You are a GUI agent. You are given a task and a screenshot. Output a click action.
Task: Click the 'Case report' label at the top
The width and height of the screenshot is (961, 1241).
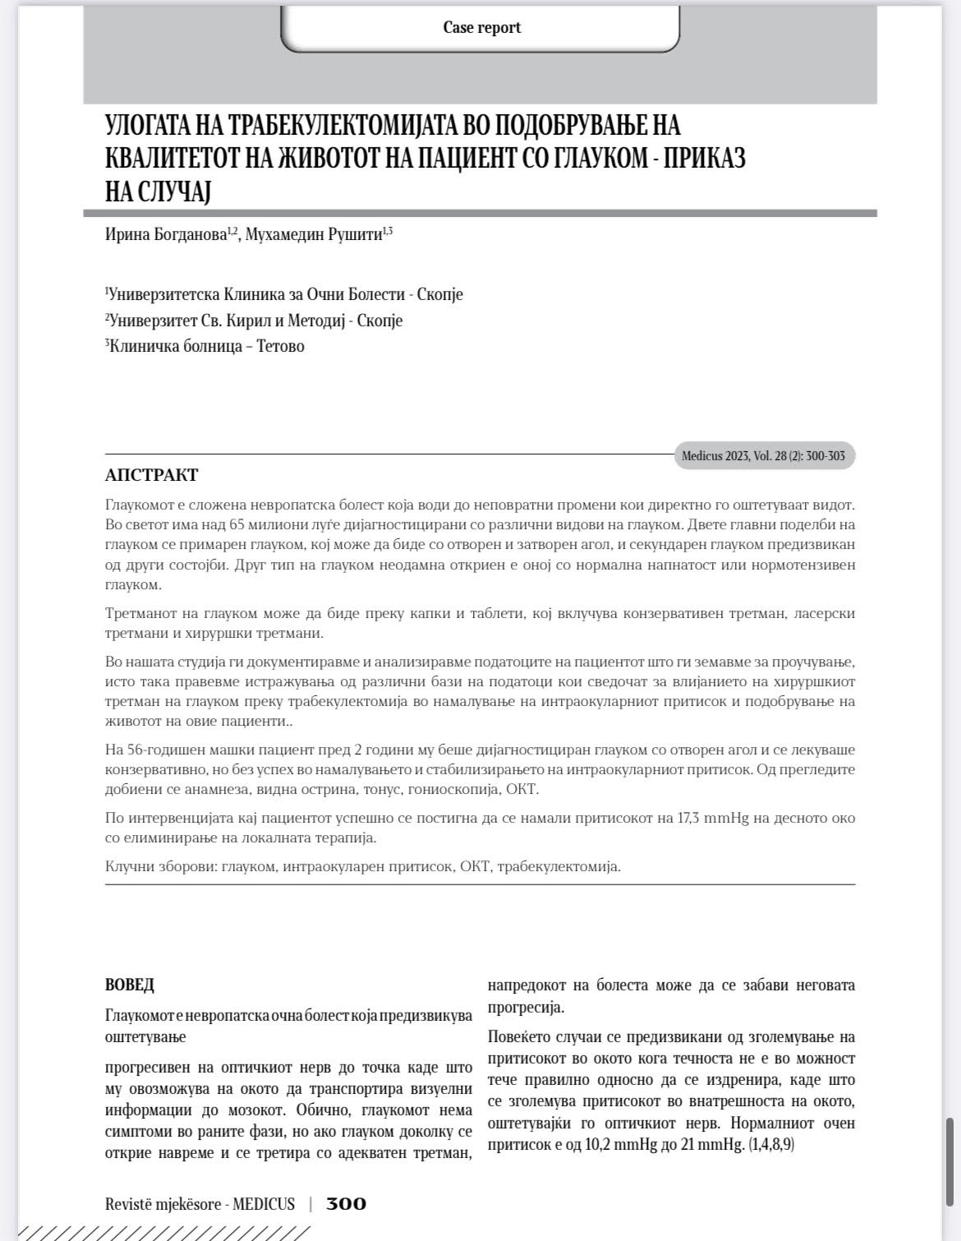click(481, 27)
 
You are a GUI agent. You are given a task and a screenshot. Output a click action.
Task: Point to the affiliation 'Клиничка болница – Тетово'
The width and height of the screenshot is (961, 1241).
click(205, 346)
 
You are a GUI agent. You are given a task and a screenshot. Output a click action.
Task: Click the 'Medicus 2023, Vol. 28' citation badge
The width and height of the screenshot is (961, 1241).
click(763, 455)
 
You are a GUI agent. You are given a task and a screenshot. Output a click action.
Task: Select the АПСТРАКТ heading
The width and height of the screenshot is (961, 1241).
click(151, 475)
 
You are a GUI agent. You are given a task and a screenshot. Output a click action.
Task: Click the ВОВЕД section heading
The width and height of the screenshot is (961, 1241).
click(129, 985)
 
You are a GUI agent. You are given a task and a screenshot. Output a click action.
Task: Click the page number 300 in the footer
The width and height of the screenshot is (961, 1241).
click(346, 1204)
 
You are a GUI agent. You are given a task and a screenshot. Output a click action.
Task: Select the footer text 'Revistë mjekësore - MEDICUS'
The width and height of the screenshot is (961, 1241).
click(200, 1204)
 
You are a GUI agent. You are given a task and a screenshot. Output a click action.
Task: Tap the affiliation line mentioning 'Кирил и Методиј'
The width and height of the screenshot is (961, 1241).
click(255, 321)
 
